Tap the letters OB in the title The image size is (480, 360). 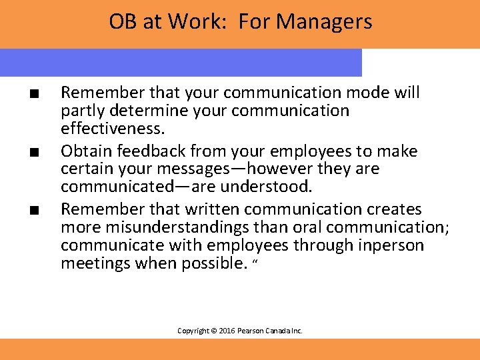[122, 22]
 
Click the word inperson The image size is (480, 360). [392, 246]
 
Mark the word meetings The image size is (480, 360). [91, 263]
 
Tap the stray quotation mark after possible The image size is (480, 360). [255, 261]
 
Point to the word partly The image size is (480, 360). [82, 110]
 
